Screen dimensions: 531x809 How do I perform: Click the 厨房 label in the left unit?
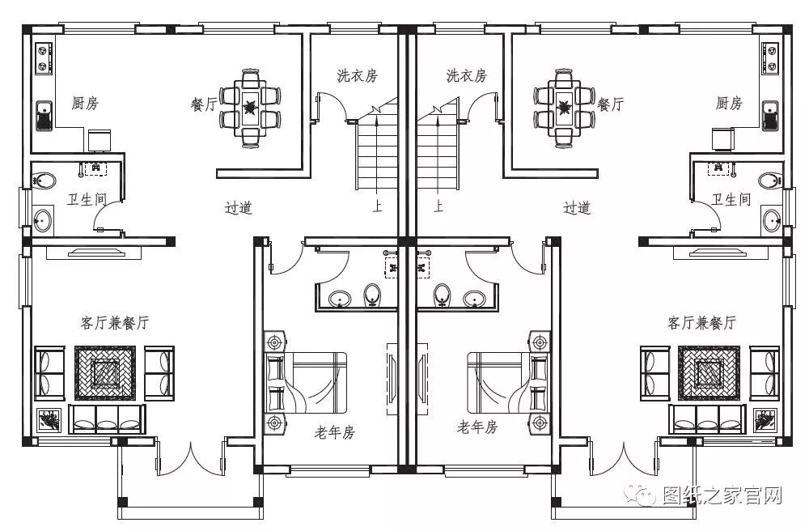click(85, 104)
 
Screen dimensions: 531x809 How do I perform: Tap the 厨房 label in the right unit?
click(728, 104)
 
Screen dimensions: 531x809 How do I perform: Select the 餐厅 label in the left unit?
click(203, 104)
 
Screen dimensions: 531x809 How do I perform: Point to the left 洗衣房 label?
click(357, 76)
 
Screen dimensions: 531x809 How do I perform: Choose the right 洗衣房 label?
click(466, 76)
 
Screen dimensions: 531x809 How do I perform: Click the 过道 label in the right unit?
click(577, 208)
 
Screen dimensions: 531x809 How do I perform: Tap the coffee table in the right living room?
click(709, 373)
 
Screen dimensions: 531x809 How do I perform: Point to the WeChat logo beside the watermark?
click(646, 495)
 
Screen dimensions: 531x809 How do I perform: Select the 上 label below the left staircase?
click(377, 207)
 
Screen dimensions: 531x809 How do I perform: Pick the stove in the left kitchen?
click(42, 55)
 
